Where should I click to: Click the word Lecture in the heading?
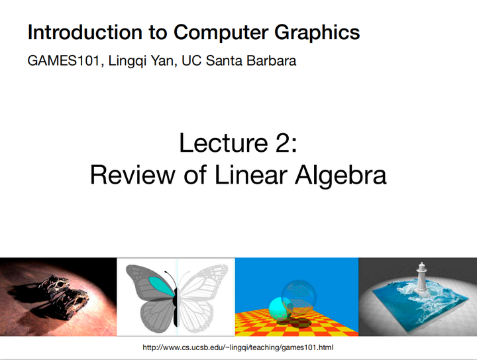click(222, 143)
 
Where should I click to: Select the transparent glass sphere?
click(299, 296)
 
